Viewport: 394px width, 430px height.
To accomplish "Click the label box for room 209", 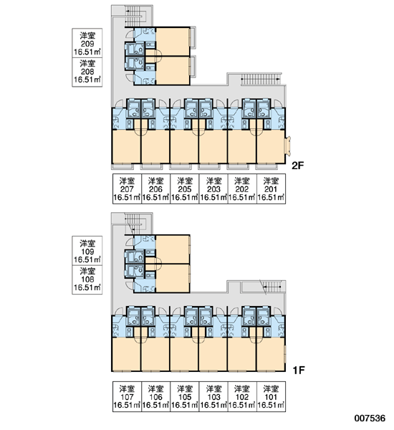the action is coord(87,43).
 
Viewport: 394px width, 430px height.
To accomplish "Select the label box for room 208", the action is coord(87,72).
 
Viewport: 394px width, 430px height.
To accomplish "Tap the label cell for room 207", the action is coord(128,189).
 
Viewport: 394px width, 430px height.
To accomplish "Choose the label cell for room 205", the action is coord(185,189).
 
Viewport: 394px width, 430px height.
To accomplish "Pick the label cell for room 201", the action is coord(272,189).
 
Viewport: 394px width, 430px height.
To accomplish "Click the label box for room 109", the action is coord(87,251).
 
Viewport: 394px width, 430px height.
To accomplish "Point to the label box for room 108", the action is coord(87,279).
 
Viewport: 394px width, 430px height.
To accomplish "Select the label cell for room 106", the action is coord(156,396).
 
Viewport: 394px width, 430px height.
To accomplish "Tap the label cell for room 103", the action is coord(213,396).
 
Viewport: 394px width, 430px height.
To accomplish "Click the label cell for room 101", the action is coord(272,396).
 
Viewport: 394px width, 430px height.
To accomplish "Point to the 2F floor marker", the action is coord(298,166).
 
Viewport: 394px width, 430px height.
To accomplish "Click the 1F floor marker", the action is coord(299,371).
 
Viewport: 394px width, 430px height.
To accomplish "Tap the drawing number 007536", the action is coord(370,419).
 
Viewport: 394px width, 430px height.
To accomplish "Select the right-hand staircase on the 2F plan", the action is coord(261,79).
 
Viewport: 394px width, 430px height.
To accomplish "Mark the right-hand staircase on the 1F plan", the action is coord(272,287).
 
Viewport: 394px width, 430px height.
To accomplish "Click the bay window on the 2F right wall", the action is coord(289,146).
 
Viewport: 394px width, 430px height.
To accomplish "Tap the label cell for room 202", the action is coord(242,189).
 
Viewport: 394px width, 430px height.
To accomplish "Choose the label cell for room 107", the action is coord(128,396).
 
